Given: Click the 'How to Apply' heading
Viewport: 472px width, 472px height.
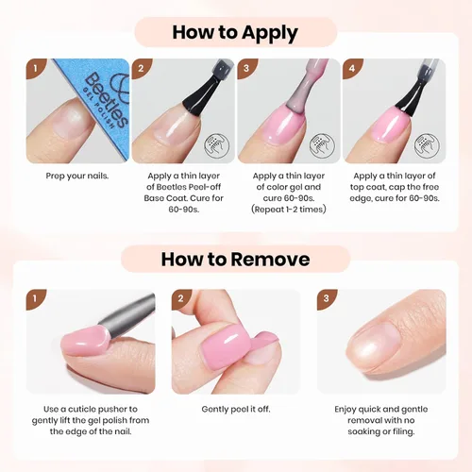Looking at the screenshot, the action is click(x=235, y=33).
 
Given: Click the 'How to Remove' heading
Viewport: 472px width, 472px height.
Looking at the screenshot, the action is click(x=235, y=260).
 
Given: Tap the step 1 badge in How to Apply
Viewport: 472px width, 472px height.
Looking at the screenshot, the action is click(x=36, y=68).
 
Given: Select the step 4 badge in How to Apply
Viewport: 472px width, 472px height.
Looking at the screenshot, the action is click(x=352, y=68).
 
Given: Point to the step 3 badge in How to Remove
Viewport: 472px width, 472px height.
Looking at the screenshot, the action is click(x=327, y=298).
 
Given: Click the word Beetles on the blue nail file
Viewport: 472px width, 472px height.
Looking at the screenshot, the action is click(x=107, y=100).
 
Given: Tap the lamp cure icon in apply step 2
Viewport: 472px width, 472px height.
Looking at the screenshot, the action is click(x=217, y=145).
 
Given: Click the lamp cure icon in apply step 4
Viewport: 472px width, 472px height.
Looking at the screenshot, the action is click(x=427, y=145).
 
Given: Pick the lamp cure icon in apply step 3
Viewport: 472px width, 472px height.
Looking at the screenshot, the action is click(x=322, y=145).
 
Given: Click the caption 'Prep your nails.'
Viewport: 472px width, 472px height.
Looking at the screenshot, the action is click(x=77, y=176).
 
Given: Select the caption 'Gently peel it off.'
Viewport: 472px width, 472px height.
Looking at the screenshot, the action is click(x=236, y=409).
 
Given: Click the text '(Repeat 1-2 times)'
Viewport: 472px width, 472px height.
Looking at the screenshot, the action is click(x=289, y=210).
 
